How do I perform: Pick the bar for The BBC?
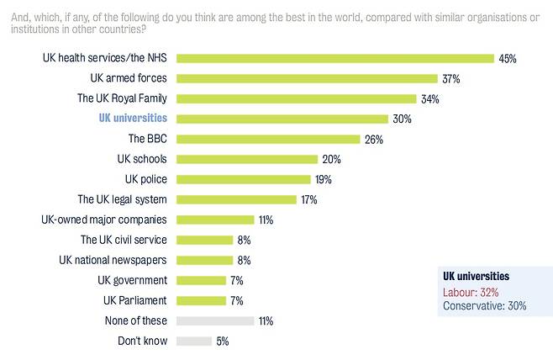(268, 140)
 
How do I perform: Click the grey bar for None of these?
(215, 320)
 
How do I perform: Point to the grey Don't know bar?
(195, 341)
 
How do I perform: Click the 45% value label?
(507, 59)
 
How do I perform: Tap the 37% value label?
(452, 79)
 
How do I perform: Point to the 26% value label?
(374, 140)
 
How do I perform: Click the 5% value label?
(223, 341)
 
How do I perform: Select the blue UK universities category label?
(132, 119)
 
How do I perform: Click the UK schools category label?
(142, 159)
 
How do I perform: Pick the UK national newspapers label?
(113, 260)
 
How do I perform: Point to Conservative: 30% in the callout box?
(484, 306)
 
